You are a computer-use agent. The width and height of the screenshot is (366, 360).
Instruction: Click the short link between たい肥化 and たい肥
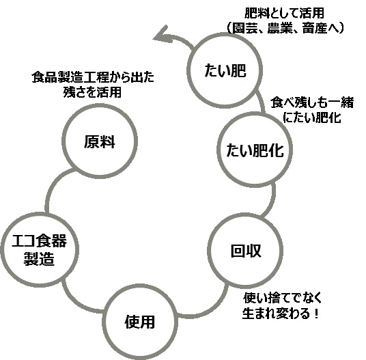tap(261, 102)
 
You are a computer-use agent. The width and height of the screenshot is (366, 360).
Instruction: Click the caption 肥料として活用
tap(284, 13)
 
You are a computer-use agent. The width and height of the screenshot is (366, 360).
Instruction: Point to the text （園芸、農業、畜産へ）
tap(285, 28)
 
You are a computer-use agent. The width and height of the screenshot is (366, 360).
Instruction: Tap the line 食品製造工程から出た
tap(93, 77)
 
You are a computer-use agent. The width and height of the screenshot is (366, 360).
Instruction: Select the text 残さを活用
tap(92, 92)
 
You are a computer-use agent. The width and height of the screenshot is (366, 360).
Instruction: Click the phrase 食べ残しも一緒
tap(312, 102)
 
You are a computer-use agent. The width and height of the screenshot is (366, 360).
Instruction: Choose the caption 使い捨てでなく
tap(283, 298)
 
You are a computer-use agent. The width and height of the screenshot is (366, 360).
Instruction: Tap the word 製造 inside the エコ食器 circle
tap(39, 258)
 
